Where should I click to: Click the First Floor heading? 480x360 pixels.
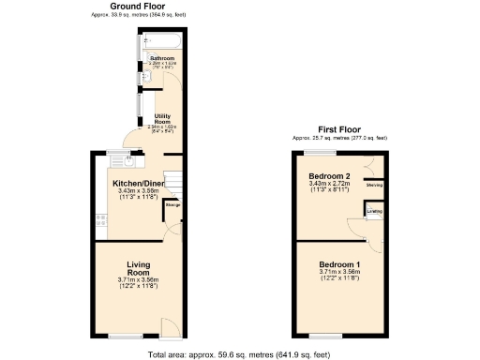[339, 128]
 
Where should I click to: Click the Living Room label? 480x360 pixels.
[139, 268]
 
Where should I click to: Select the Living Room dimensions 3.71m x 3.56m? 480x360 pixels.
[139, 279]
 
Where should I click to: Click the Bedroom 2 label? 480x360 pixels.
[329, 175]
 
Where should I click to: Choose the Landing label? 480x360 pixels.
[374, 212]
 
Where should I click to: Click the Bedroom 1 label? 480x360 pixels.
[339, 264]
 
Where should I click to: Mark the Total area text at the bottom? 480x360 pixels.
[238, 354]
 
